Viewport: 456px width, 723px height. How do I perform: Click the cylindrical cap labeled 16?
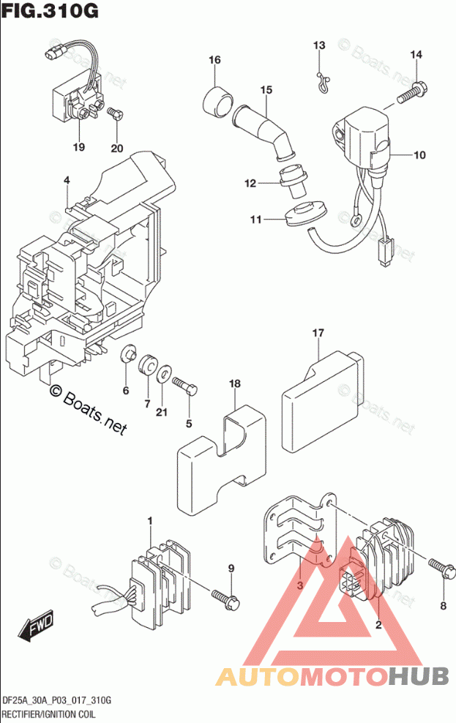click(217, 97)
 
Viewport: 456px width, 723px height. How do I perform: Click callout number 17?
click(318, 334)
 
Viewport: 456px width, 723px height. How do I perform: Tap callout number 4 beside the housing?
click(66, 181)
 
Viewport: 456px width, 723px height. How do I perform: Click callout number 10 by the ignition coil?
click(419, 155)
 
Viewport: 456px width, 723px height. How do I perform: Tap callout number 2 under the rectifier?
click(378, 624)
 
